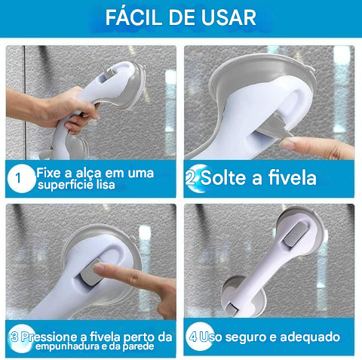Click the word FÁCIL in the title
tap(133, 17)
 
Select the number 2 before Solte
tap(190, 178)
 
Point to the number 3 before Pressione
tap(15, 337)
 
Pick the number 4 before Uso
tap(193, 337)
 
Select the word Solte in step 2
tap(223, 177)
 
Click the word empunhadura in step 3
tap(67, 346)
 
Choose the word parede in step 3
tap(138, 346)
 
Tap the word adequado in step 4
tap(310, 337)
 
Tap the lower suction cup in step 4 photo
tap(243, 297)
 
